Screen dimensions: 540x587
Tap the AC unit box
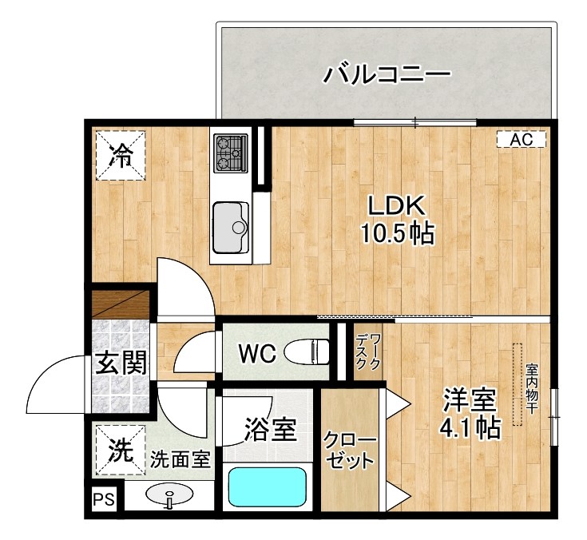point(521,140)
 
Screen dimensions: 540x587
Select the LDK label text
point(394,205)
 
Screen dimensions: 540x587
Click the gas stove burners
point(230,153)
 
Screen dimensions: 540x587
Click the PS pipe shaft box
point(102,500)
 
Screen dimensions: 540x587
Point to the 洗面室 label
point(180,459)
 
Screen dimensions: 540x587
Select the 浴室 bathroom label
point(270,431)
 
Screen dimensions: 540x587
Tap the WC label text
point(257,352)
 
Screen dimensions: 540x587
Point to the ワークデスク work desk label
point(368,351)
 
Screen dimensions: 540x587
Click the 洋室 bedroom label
point(470,399)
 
